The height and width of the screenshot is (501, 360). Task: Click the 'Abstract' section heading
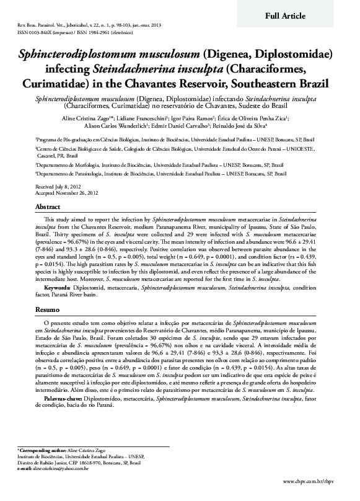tap(48, 206)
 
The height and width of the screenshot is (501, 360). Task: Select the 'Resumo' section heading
tap(47, 309)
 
